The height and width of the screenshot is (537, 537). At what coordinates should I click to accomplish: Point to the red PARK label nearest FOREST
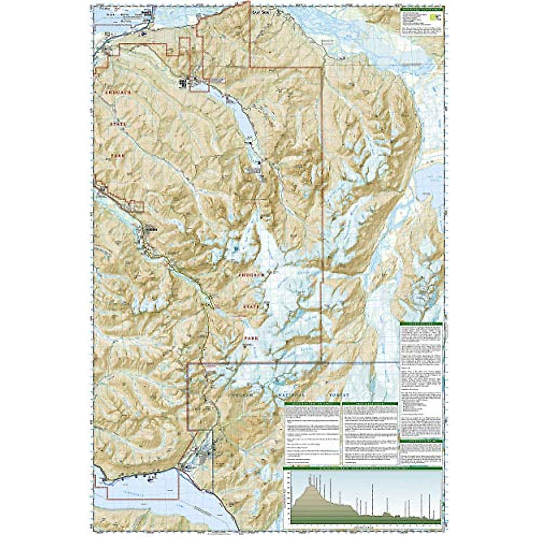click(x=251, y=339)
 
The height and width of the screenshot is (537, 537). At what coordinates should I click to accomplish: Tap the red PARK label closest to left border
click(x=117, y=156)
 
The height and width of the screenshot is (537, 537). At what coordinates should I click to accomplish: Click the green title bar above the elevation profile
click(x=363, y=469)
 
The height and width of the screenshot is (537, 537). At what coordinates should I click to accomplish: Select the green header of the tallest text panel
click(x=421, y=324)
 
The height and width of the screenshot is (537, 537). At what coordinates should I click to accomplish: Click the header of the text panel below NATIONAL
click(x=312, y=404)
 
